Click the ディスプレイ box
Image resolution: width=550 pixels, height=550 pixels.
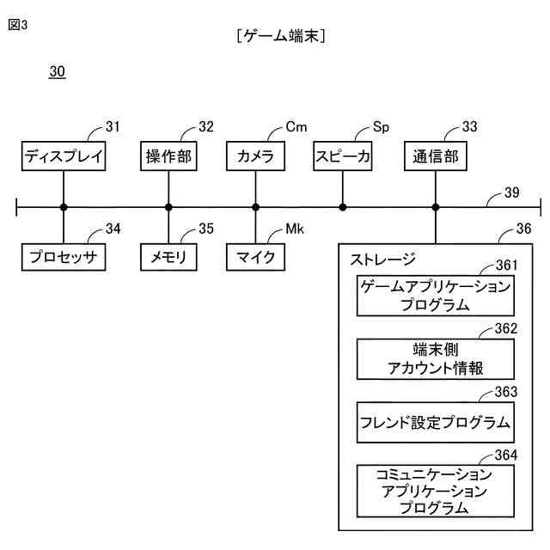64,156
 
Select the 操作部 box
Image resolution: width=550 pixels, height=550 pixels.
168,156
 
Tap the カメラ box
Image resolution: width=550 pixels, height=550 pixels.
255,156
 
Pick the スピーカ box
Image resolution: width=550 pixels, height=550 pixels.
343,156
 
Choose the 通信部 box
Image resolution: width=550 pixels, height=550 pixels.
436,156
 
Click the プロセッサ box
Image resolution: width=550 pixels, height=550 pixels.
64,257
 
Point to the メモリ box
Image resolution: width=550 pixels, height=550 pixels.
168,257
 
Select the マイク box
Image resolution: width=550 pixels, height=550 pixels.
255,257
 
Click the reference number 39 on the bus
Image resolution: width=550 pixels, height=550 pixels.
511,192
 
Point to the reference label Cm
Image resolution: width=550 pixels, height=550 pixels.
296,127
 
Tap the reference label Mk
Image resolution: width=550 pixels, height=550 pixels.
295,229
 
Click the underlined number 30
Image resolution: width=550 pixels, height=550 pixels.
57,71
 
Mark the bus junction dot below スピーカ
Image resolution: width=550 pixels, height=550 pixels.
343,207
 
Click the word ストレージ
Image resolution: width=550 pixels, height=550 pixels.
382,258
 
